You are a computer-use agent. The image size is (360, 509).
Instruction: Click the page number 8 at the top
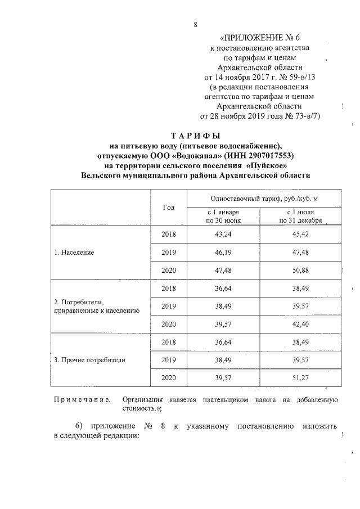point(195,25)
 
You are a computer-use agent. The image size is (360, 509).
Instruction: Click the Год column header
point(169,207)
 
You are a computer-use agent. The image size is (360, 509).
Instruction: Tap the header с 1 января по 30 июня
point(223,217)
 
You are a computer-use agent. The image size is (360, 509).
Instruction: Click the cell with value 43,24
point(224,234)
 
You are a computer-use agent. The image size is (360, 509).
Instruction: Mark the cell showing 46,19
point(224,253)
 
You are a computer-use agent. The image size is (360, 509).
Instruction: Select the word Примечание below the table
point(81,399)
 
